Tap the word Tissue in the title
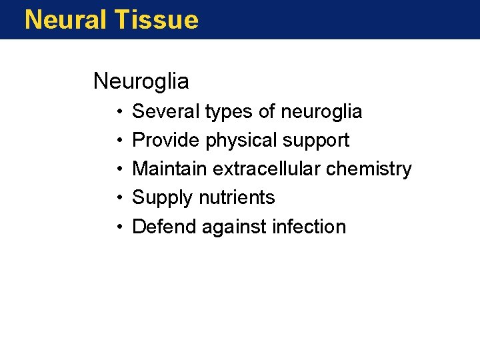pos(156,20)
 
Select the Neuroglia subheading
pos(141,81)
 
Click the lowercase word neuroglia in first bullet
pos(321,112)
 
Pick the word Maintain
pos(170,169)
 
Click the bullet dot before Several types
pos(117,112)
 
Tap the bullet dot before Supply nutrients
pos(117,198)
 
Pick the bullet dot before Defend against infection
pos(117,227)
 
